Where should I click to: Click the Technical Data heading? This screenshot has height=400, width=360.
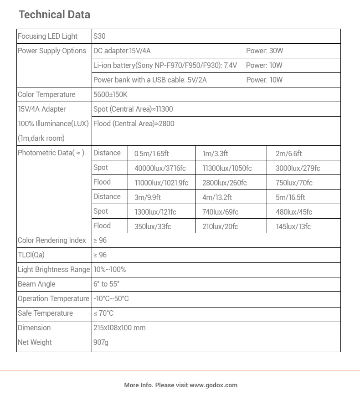pos(54,15)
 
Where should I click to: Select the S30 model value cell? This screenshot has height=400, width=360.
pos(99,36)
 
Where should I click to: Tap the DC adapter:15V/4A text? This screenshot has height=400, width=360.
pos(122,51)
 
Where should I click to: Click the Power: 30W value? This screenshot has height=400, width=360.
pos(264,51)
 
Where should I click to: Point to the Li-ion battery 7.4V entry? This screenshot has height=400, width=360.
pos(165,66)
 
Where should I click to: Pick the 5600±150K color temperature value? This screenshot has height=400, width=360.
pos(110,95)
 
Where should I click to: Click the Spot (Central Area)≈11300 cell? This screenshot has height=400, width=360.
pos(133,109)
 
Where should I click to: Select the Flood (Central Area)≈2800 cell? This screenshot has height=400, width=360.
pos(134,124)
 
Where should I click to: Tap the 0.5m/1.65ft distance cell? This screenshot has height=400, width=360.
pos(151,154)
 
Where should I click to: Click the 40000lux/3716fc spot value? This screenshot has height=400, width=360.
pos(160,169)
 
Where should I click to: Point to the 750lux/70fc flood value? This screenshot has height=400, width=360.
pos(294,183)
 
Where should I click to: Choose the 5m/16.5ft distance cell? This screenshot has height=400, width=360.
pos(290,198)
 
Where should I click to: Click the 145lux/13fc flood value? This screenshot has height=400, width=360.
pos(293,227)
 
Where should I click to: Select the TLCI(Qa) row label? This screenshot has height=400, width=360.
pos(31,255)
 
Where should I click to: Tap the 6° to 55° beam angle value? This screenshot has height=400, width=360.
pos(106,284)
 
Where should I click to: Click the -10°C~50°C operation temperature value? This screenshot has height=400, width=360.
pos(111,299)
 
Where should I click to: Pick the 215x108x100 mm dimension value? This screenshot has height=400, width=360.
pos(119,328)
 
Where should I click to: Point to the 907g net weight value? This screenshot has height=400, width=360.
pos(101,343)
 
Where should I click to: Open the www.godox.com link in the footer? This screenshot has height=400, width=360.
pos(213,385)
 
